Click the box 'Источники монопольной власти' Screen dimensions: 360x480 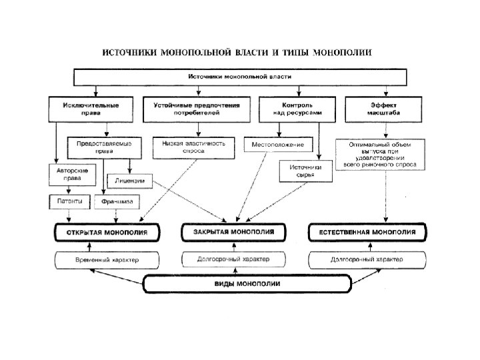click(x=239, y=78)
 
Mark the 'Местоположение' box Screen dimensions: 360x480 click(x=279, y=144)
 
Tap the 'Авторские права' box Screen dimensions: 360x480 click(x=72, y=175)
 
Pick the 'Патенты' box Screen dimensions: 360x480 click(x=70, y=201)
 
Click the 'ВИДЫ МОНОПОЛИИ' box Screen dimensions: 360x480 click(x=246, y=284)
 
